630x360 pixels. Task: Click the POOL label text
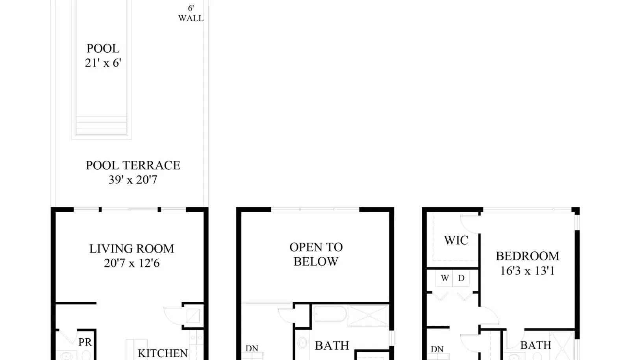103,49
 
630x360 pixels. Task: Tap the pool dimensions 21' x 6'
103,63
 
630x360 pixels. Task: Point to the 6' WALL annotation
191,13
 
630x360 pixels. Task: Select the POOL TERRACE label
133,165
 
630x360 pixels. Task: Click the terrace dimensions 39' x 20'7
133,180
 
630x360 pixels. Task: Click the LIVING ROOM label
132,249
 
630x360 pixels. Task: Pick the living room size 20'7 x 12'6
132,263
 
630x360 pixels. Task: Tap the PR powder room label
85,342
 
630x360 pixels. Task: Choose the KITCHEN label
163,353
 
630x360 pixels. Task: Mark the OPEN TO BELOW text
316,254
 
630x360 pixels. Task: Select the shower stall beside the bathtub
369,315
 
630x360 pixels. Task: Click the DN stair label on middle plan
252,349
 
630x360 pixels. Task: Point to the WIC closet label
456,241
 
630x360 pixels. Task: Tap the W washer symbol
445,278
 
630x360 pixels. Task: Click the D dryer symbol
461,278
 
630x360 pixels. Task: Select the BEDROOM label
527,256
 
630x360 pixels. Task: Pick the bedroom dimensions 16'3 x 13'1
527,271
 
